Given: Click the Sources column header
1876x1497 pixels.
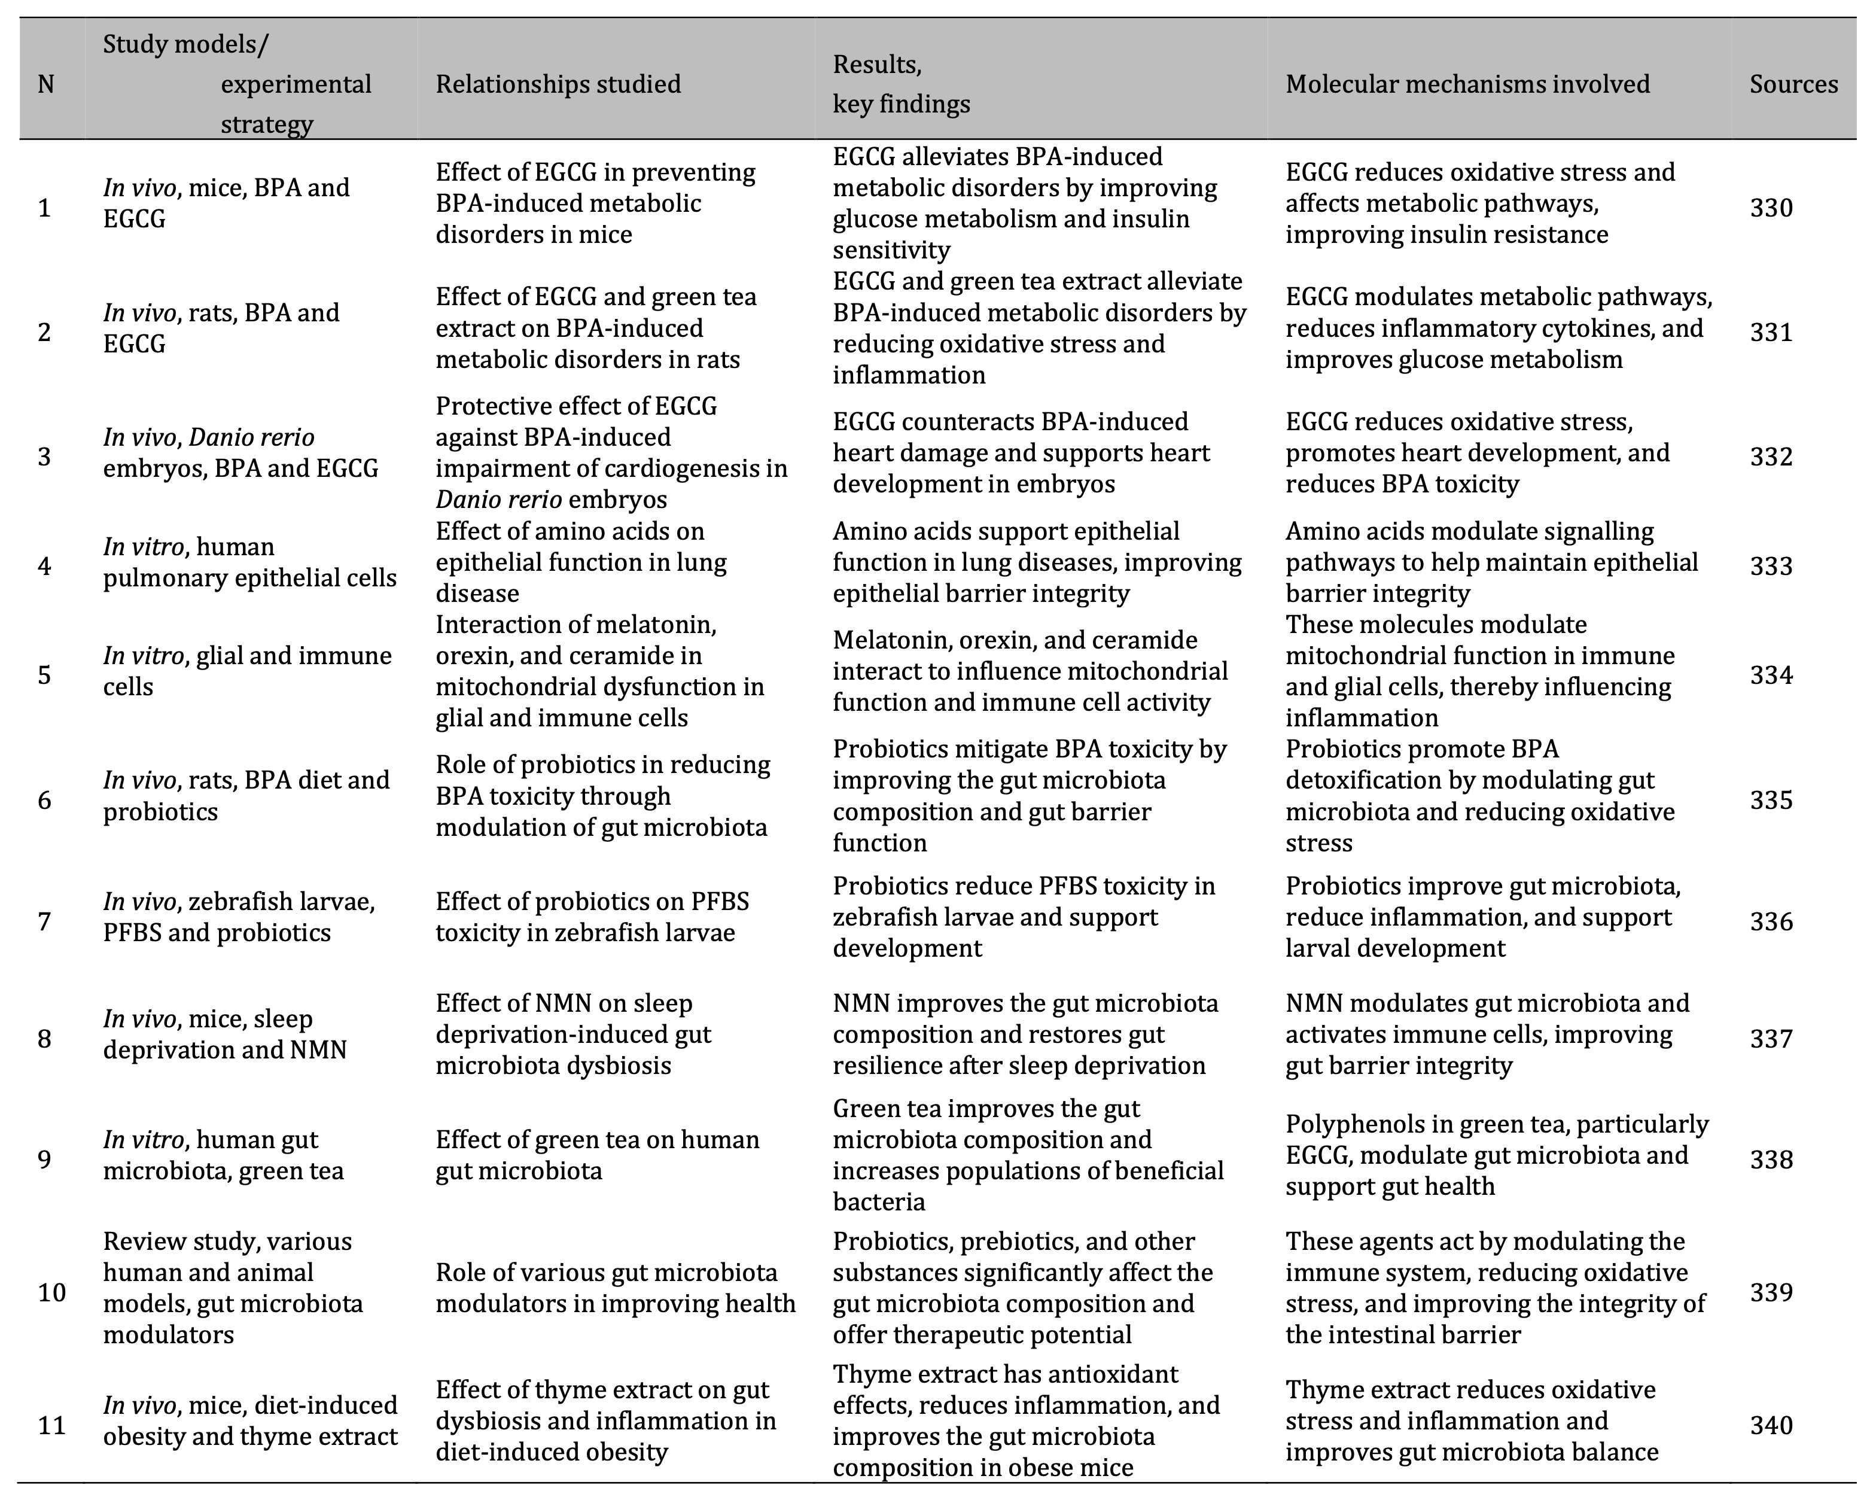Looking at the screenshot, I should tap(1793, 84).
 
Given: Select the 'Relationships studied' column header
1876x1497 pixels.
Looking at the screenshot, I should tap(558, 84).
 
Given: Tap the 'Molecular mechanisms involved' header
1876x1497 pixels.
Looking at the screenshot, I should tap(1467, 84).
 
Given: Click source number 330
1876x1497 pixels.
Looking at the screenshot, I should tap(1771, 208).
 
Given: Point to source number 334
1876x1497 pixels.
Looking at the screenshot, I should tap(1771, 676).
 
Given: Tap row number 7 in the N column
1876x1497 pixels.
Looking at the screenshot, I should tap(44, 921).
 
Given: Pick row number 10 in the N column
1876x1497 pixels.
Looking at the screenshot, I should tap(51, 1292).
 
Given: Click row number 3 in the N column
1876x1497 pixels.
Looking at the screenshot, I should tap(44, 457).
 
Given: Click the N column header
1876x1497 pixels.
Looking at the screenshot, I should tap(46, 84).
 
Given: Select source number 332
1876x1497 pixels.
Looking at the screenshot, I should tap(1771, 457).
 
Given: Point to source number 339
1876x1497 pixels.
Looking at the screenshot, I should tap(1771, 1292).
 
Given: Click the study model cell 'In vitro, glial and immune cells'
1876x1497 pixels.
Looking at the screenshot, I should tap(247, 671).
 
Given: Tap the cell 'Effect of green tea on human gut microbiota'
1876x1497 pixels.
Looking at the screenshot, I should tap(597, 1155).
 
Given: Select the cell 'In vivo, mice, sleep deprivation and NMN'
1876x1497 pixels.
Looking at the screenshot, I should tap(224, 1034).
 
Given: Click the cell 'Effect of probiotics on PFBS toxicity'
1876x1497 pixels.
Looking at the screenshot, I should tap(592, 917).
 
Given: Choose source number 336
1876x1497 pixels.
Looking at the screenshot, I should tap(1771, 921).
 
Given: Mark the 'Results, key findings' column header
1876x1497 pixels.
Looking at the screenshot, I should tap(900, 84).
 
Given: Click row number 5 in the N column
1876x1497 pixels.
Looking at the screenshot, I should tap(44, 676).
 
